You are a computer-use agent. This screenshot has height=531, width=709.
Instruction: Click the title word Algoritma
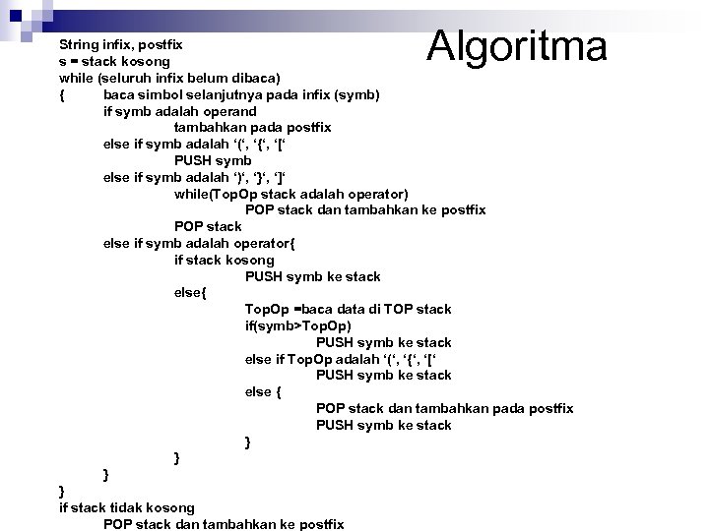518,44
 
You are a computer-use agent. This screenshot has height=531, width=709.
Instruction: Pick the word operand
225,111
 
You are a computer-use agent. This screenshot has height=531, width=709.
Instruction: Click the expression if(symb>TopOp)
298,325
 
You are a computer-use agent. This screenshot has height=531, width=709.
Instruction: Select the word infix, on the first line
125,45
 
